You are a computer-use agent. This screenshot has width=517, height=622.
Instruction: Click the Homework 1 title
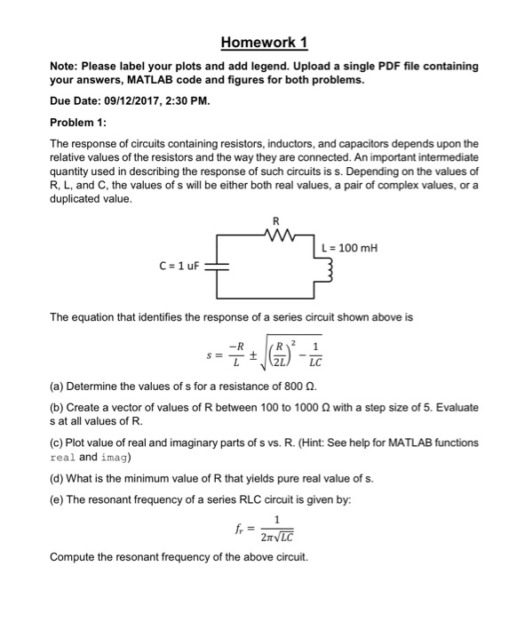tap(258, 42)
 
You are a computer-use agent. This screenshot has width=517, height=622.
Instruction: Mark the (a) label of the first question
tap(57, 388)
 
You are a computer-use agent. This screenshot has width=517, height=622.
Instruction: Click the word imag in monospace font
tap(115, 458)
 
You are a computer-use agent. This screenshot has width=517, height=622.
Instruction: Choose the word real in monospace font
tap(64, 458)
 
